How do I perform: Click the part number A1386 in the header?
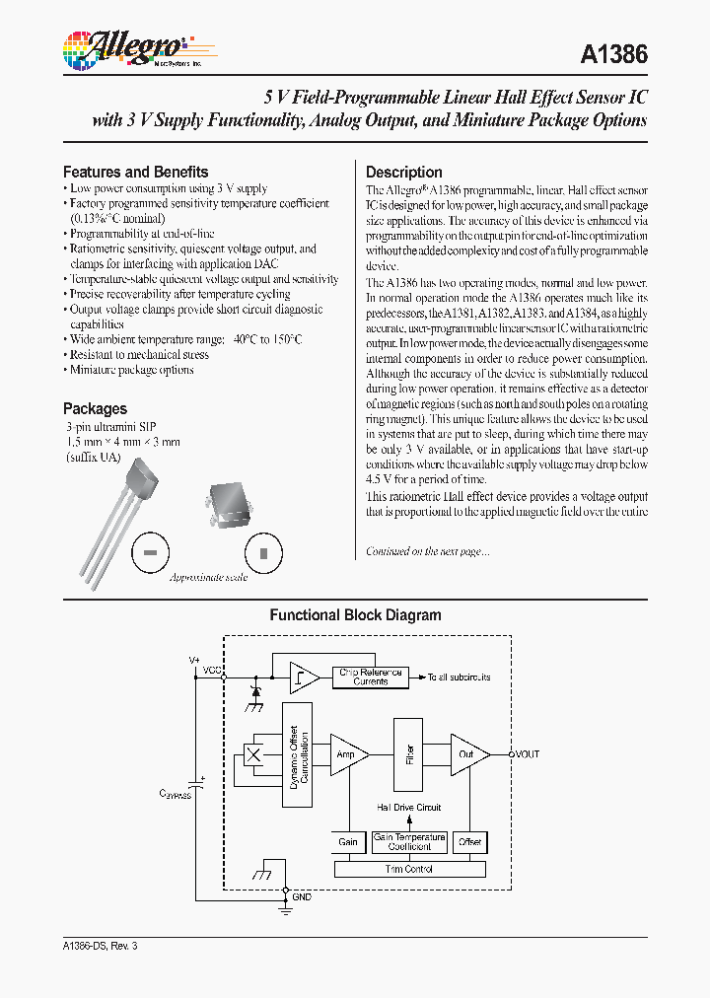click(x=611, y=55)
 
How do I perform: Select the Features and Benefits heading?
click(x=135, y=172)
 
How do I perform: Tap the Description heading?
click(x=403, y=172)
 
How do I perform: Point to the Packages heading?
click(x=95, y=408)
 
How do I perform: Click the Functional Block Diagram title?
click(x=355, y=615)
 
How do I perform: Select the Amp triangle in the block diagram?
click(x=347, y=754)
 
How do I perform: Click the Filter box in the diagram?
click(x=409, y=754)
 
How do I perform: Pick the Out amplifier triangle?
click(x=468, y=754)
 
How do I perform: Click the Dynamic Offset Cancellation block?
click(x=298, y=755)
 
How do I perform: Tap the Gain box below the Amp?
click(x=348, y=842)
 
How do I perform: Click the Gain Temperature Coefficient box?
click(x=409, y=842)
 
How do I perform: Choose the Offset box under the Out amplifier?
click(x=470, y=842)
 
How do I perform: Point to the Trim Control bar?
click(x=409, y=869)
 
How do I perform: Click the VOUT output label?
click(x=527, y=754)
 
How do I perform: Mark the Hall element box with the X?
click(x=252, y=755)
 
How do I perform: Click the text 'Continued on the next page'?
click(x=427, y=551)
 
